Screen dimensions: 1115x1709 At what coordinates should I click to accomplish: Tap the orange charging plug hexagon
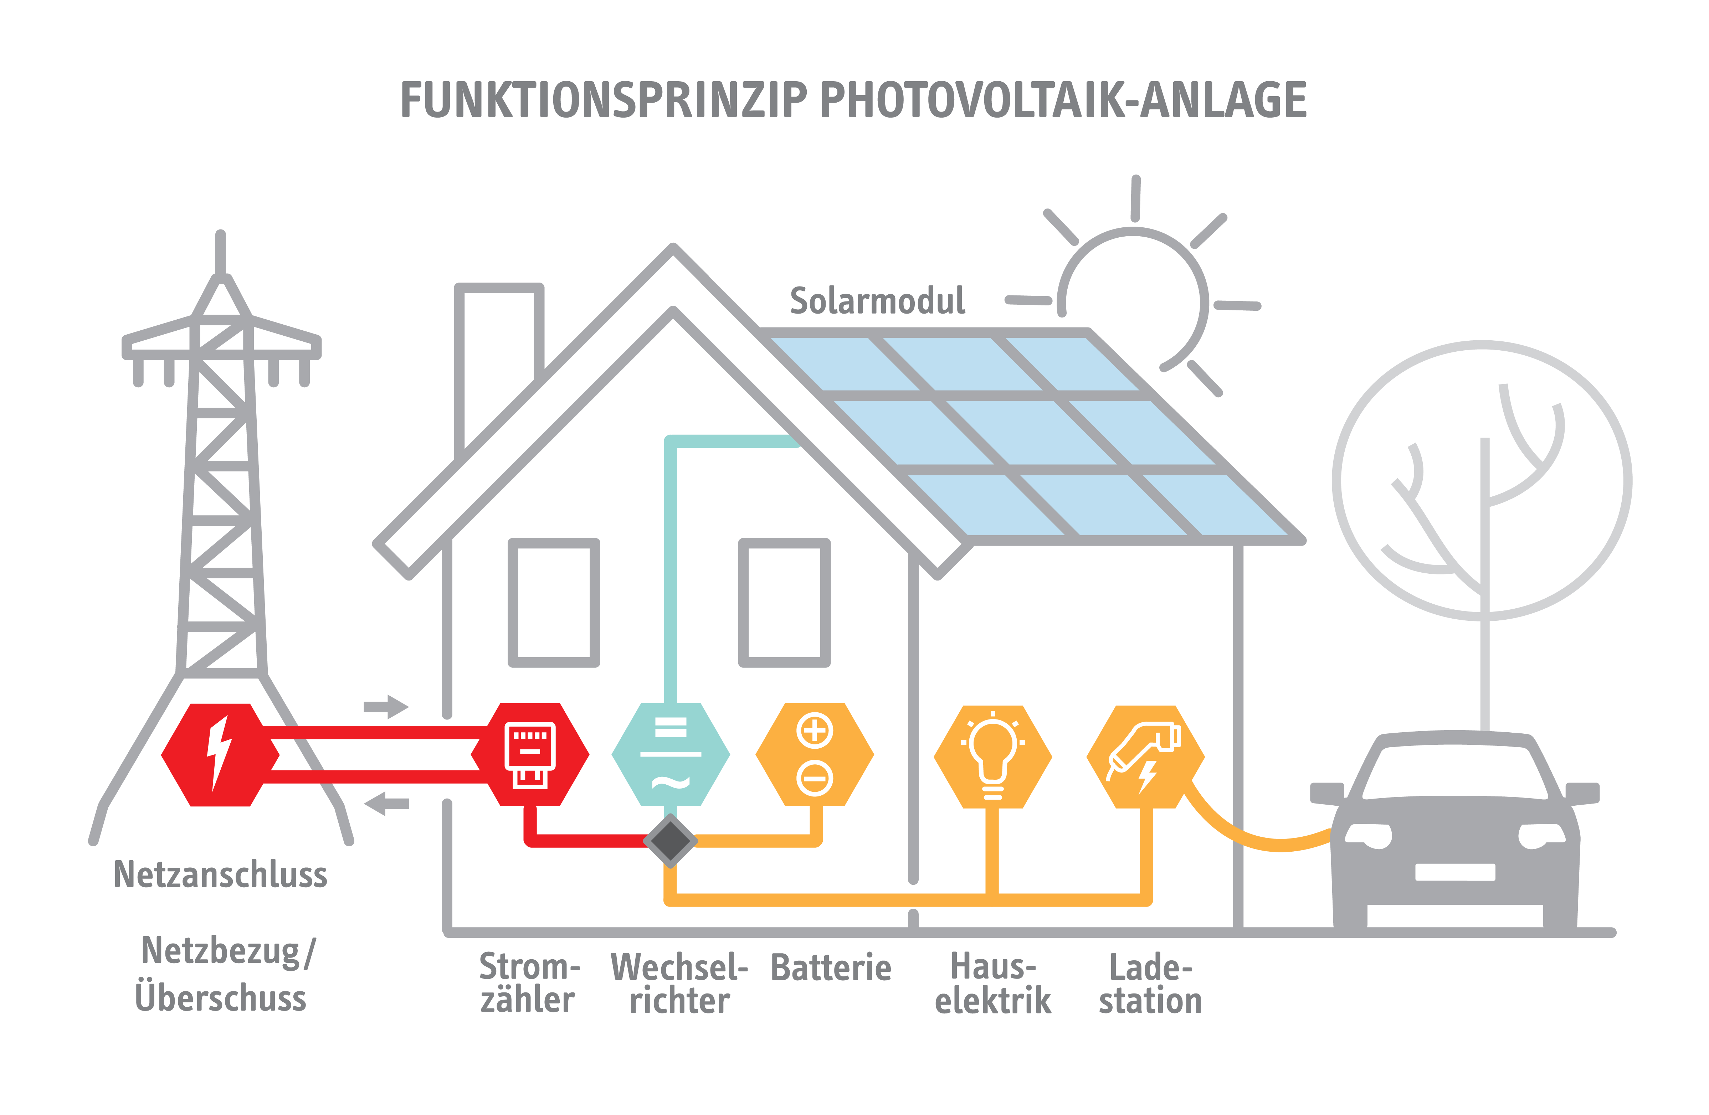[1145, 758]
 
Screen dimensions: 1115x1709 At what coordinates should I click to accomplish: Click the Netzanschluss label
[220, 875]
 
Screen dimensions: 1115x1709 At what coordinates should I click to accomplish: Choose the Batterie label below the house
[831, 968]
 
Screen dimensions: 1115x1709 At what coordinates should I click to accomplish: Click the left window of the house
[554, 602]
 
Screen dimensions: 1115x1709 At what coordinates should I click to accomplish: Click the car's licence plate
[1455, 872]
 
